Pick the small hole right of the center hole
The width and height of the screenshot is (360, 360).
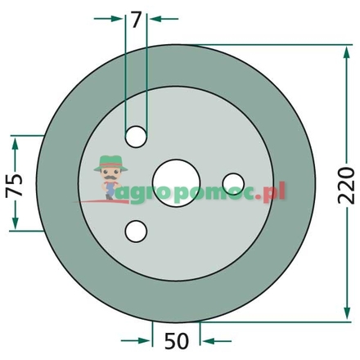point(232,180)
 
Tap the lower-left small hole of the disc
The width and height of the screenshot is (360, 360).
point(136,232)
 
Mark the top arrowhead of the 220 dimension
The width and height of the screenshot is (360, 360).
point(344,51)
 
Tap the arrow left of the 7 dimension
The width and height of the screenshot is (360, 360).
point(119,17)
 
